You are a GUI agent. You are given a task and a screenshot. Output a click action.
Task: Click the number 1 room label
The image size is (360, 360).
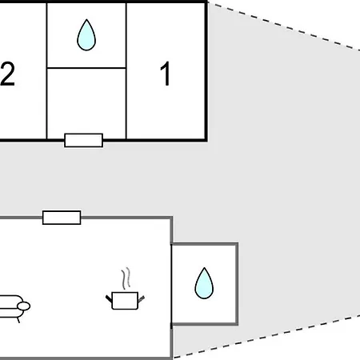coord(166,74)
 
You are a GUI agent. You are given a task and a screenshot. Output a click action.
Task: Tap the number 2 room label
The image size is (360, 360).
coord(7,74)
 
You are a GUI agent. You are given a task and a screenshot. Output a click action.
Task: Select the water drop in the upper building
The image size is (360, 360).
coord(86,35)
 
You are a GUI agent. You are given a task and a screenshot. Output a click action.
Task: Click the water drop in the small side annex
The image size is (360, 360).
coord(204,283)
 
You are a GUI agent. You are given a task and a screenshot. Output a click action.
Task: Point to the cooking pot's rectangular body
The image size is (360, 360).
coord(125,301)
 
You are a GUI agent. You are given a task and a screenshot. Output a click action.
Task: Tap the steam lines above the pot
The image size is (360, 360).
coord(126,278)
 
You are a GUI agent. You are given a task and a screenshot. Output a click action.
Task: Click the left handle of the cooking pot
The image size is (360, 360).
coord(109,298)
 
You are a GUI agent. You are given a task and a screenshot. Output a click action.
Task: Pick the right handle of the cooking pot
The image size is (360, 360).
coord(141,298)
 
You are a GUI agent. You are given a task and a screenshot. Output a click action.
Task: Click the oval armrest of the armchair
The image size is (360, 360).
coord(24,306)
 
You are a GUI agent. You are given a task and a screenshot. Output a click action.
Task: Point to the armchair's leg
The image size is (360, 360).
coord(18,320)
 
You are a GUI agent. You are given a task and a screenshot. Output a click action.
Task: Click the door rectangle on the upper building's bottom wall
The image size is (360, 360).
coord(84,140)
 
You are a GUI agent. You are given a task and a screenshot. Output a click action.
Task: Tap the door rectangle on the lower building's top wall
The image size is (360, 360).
coord(62,218)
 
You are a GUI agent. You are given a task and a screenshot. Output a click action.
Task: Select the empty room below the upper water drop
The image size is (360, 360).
coord(86,103)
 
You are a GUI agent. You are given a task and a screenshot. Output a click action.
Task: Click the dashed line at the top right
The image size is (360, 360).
coord(284,26)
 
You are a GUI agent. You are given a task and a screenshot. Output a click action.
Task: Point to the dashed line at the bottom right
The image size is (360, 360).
coord(266,337)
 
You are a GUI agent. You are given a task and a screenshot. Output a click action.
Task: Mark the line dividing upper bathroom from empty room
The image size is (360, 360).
coord(86,68)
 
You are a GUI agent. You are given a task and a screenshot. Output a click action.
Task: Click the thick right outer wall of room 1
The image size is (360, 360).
coord(206,71)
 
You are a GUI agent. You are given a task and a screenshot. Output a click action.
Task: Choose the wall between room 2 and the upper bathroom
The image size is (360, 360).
coord(47,71)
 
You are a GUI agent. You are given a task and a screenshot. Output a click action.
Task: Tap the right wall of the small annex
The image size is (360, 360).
coord(237,284)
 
